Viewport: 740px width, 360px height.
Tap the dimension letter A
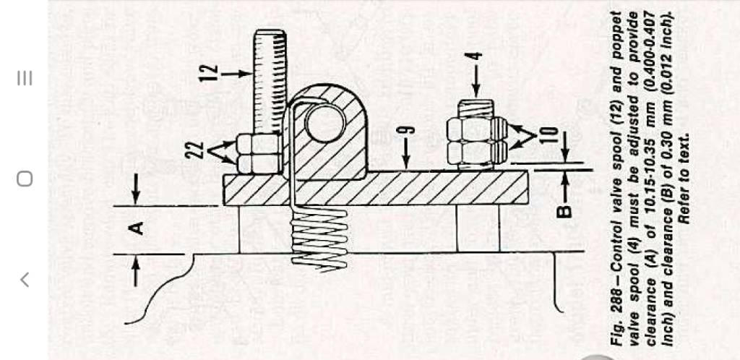[x=137, y=229]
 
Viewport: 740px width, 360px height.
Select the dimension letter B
[x=564, y=211]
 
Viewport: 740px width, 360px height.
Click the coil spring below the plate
[x=319, y=240]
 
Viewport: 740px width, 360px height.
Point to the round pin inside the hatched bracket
[x=325, y=122]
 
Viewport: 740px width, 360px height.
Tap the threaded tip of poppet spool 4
[x=476, y=108]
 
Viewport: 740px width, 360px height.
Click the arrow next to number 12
[x=237, y=74]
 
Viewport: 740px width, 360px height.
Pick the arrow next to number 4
[x=476, y=81]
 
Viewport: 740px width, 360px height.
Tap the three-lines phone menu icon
[x=25, y=78]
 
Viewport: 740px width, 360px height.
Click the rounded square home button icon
[x=25, y=179]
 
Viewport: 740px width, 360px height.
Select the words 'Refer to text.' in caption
[x=684, y=178]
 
